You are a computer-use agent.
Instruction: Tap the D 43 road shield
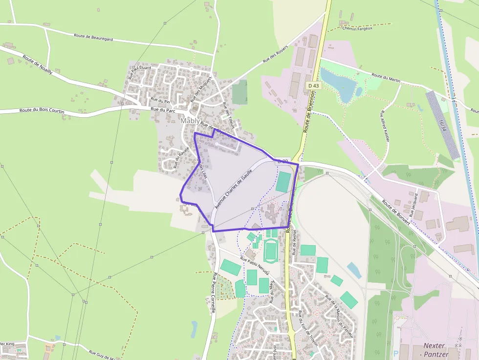coord(314,85)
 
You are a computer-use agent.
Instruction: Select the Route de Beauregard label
coord(93,37)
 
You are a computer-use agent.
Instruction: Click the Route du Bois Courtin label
coord(42,111)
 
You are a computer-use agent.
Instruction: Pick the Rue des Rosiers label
coord(275,54)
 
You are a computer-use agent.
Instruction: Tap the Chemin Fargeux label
coord(357,28)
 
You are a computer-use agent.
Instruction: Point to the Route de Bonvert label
coord(397,211)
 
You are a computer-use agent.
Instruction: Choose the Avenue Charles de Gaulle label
coord(234,190)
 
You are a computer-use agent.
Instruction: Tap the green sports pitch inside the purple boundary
coord(283,181)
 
